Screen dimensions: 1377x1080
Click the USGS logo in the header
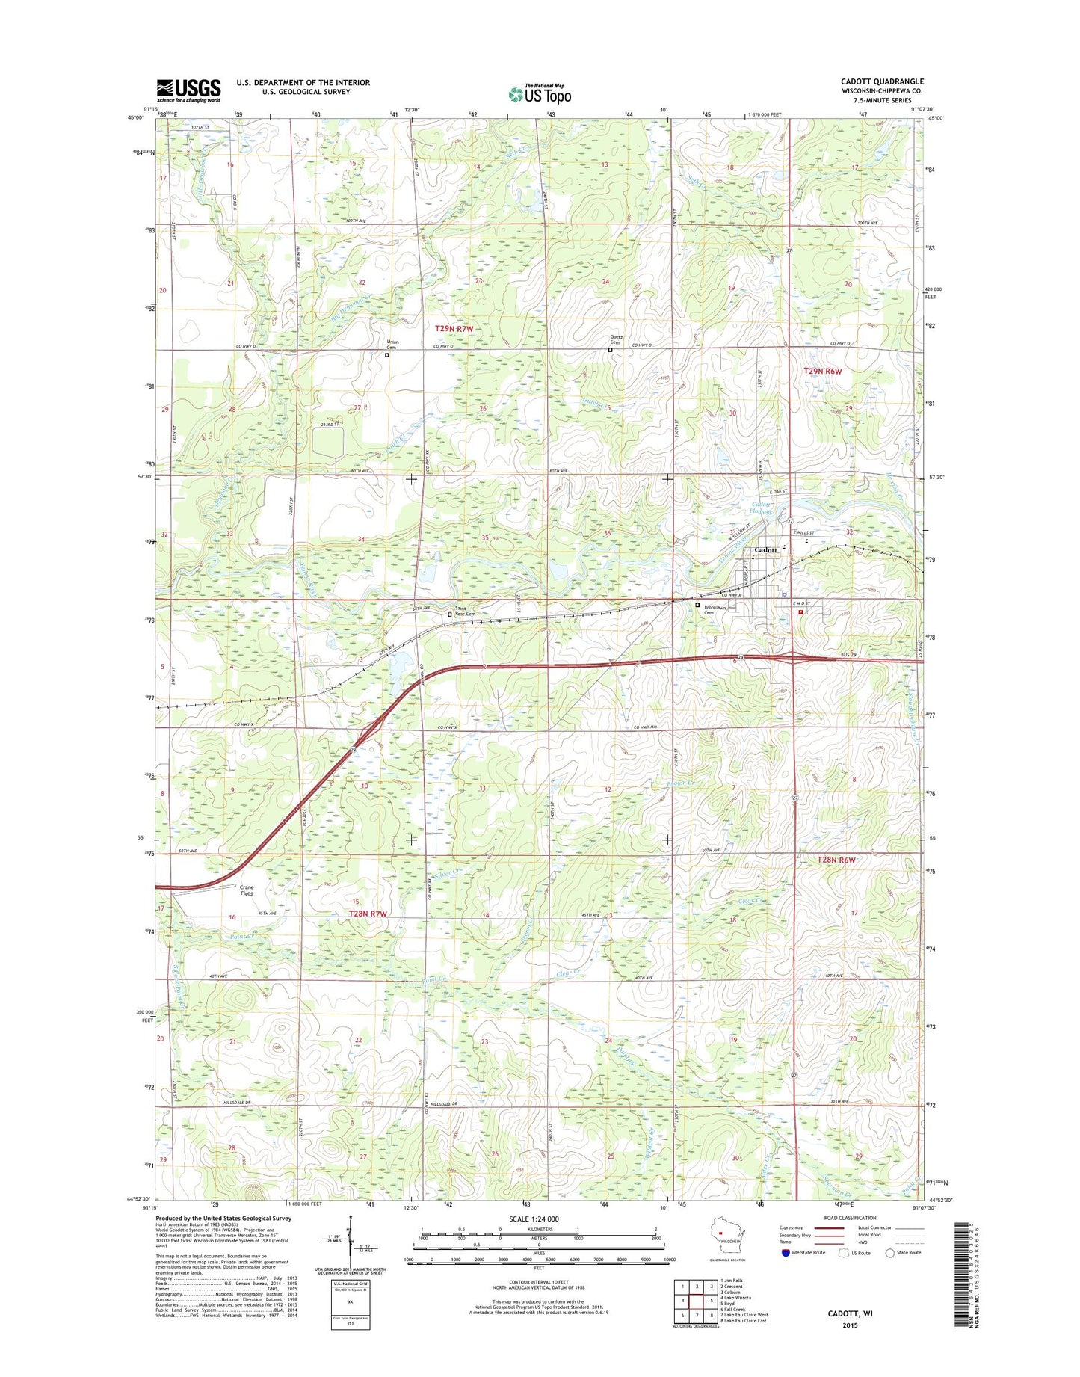(188, 90)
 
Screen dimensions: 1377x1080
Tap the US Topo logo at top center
(540, 93)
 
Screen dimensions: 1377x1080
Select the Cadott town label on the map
(766, 550)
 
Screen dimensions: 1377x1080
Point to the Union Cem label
(392, 345)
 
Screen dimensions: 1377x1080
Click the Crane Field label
(246, 890)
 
